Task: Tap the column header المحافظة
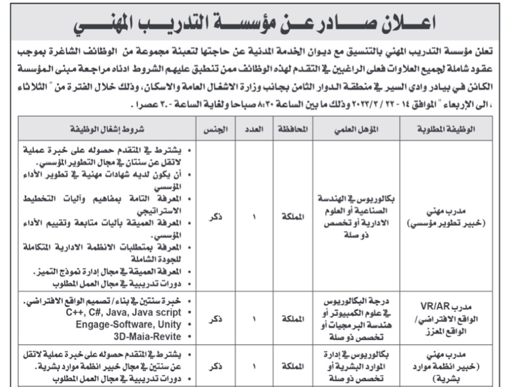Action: (293, 130)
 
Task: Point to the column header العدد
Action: (253, 130)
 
